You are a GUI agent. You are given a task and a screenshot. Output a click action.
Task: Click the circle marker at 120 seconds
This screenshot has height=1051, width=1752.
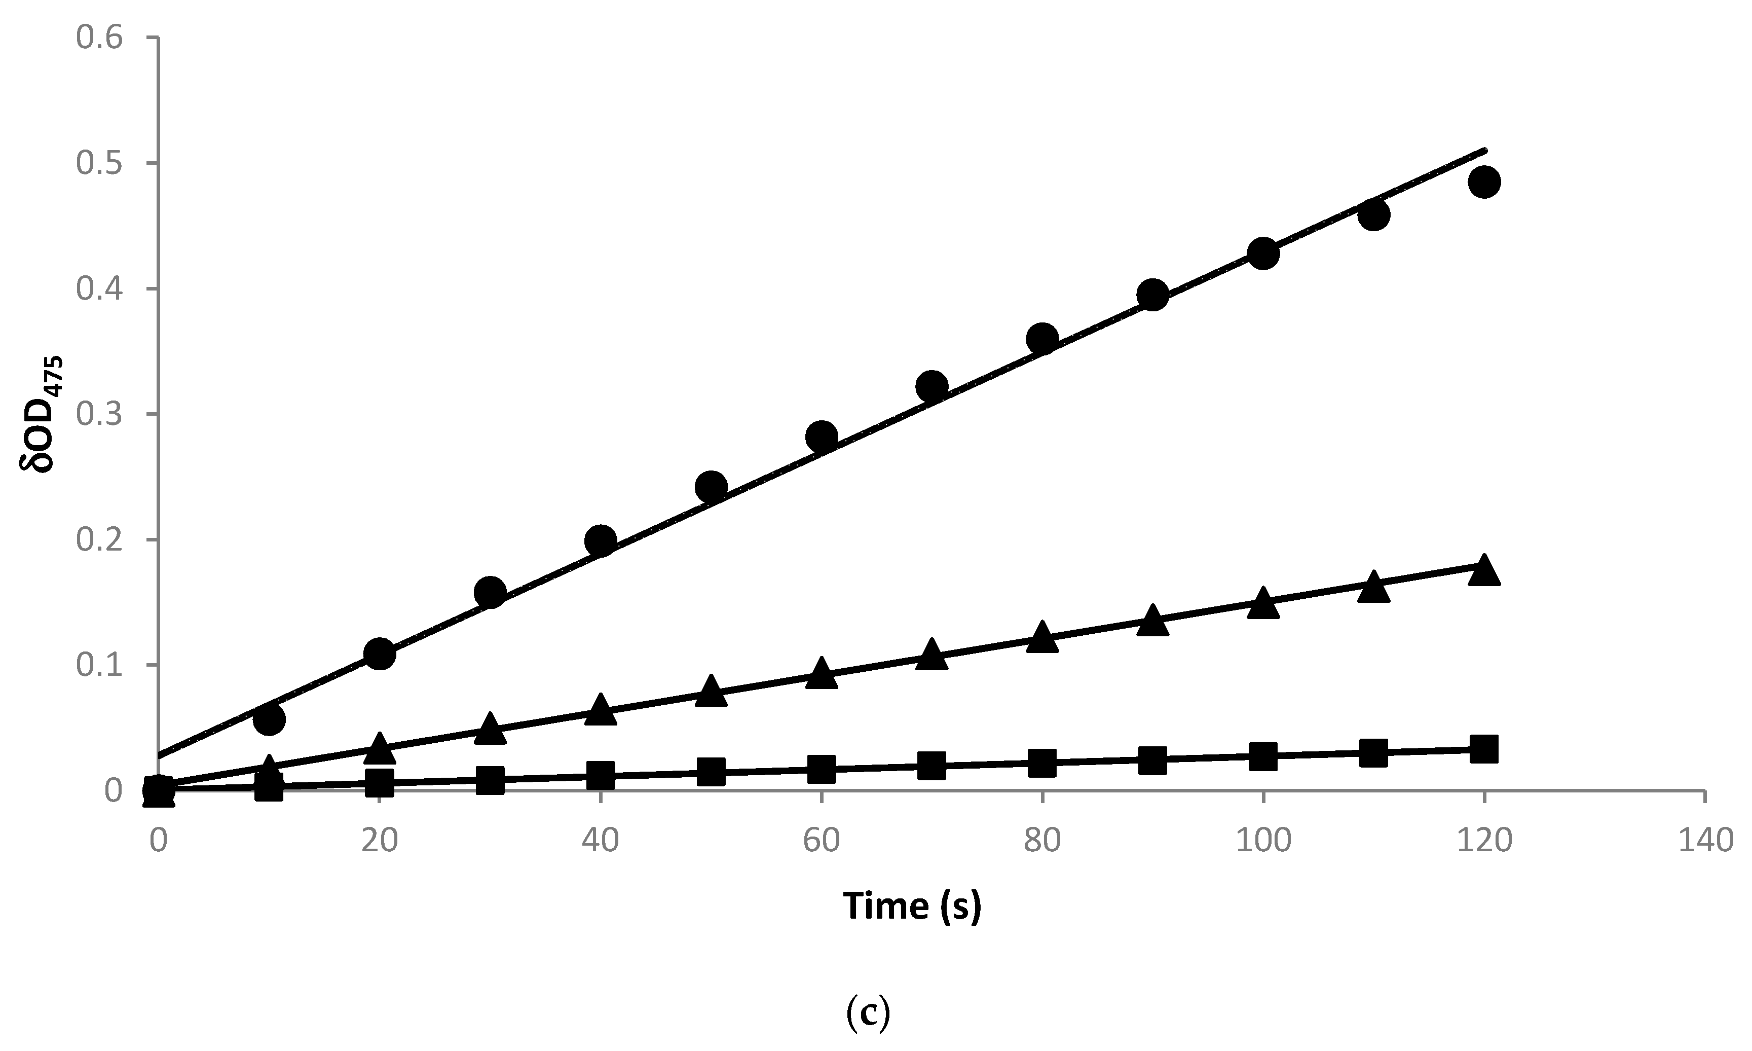coord(1484,182)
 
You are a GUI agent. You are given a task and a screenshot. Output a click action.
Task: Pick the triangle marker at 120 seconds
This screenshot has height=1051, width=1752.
coord(1484,571)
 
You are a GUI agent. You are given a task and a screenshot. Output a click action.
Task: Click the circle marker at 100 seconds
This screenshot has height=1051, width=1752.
coord(1263,253)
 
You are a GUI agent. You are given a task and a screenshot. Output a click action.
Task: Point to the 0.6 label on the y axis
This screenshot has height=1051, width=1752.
coord(99,38)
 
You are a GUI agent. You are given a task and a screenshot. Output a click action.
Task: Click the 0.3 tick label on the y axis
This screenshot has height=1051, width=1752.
coord(99,414)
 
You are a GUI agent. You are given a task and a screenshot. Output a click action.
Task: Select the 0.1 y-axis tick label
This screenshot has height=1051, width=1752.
coord(99,665)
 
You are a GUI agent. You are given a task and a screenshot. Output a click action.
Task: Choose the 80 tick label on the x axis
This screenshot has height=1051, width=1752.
coord(1042,840)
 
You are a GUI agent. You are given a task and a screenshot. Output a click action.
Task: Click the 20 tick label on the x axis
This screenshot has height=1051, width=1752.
coord(380,840)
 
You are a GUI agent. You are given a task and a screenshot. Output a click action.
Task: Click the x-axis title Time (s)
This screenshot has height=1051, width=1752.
coord(912,907)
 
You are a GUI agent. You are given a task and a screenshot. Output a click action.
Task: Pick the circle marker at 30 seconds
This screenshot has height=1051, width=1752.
coord(490,592)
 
